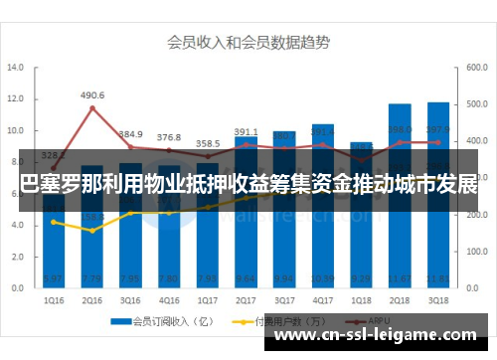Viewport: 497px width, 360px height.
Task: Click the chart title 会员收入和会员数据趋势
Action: click(248, 43)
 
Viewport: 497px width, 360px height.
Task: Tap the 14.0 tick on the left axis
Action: click(16, 68)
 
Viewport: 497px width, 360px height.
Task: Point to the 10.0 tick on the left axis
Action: click(16, 130)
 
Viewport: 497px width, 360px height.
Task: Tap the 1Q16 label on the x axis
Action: click(55, 299)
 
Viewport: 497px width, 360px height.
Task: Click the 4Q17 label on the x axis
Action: click(323, 299)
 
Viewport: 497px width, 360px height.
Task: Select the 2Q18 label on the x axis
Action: click(400, 299)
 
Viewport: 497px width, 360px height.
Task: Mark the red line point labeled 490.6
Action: click(92, 107)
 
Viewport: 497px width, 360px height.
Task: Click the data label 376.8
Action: click(169, 137)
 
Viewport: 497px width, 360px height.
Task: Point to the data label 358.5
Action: click(208, 144)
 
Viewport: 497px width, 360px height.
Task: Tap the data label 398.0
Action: click(400, 130)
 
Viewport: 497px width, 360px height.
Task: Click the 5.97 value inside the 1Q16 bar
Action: click(55, 277)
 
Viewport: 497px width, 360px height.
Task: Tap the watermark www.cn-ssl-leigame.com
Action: click(382, 337)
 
